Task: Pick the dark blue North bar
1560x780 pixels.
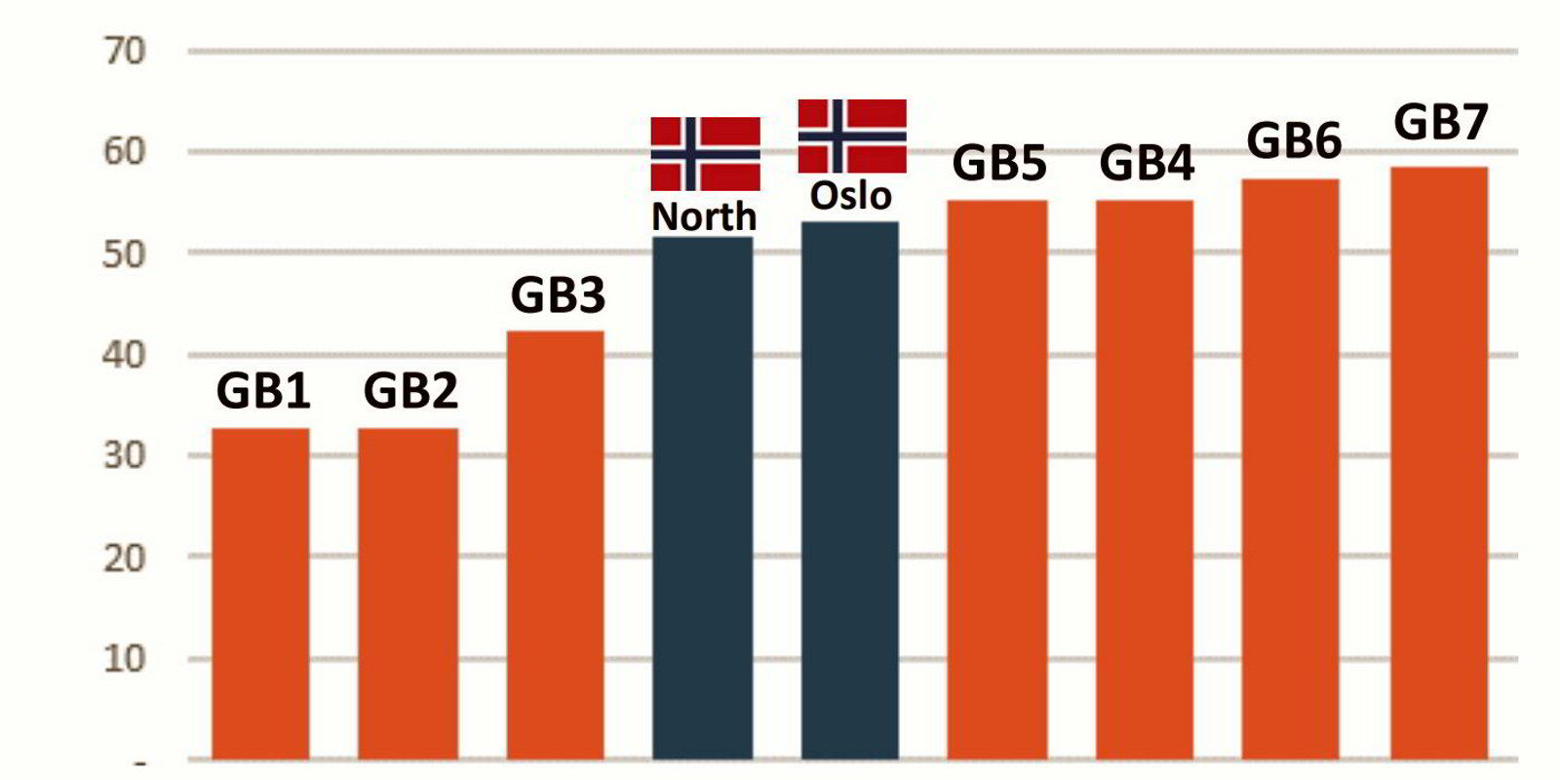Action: [x=703, y=497]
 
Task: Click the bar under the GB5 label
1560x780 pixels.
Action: [x=997, y=479]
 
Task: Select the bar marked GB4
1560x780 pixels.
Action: [x=1145, y=479]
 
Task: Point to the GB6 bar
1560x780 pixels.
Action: [x=1291, y=468]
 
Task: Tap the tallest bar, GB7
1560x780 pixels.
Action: [x=1439, y=462]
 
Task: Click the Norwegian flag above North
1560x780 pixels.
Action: [x=706, y=153]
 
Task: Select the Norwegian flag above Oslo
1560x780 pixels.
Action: [x=852, y=136]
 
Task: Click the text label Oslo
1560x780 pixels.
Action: [x=851, y=196]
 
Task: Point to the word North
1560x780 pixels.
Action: [x=704, y=216]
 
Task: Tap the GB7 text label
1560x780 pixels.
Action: [x=1441, y=124]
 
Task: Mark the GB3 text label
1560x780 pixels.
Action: [x=558, y=295]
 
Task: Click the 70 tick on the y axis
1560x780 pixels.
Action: [x=124, y=52]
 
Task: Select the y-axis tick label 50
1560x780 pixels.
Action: [x=124, y=253]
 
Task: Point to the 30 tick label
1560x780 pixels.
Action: [x=124, y=455]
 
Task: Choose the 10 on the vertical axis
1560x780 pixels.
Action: [x=124, y=658]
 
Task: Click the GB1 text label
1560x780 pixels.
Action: [x=263, y=392]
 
